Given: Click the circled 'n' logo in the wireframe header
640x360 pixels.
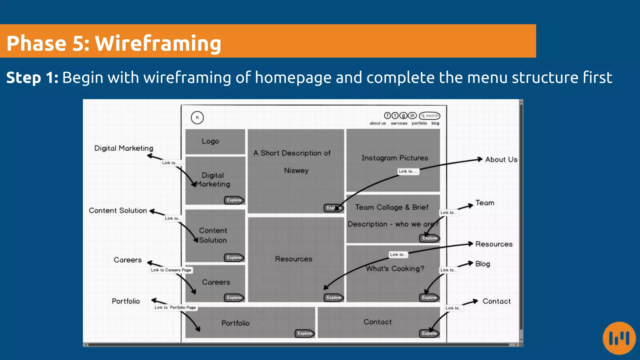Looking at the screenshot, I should click(x=197, y=118).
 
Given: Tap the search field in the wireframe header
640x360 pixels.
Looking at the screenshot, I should click(x=430, y=116).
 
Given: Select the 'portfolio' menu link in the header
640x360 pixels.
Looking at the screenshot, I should click(x=419, y=123).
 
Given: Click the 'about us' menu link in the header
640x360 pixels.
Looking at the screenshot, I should click(x=377, y=123).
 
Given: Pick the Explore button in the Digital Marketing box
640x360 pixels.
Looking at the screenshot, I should click(x=234, y=200).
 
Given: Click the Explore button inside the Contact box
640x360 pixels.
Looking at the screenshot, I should click(x=429, y=333).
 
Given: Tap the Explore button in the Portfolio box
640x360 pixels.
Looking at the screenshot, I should click(x=305, y=333).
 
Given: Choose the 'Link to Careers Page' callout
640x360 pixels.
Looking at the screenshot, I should click(x=171, y=270).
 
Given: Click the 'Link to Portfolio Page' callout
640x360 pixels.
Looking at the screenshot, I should click(x=175, y=307).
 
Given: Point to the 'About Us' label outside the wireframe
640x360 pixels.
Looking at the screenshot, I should click(x=501, y=160).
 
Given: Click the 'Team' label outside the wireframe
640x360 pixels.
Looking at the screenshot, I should click(x=485, y=203).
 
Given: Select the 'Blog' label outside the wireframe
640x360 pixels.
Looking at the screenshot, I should click(x=482, y=264).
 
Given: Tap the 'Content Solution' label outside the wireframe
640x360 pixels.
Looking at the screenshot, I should click(x=118, y=211).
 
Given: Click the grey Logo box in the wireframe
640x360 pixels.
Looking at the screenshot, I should click(x=215, y=142).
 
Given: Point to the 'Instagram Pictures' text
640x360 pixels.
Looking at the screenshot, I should click(x=395, y=158).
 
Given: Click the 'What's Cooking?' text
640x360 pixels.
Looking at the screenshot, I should click(x=395, y=269).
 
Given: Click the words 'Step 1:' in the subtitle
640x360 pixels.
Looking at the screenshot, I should click(x=32, y=78).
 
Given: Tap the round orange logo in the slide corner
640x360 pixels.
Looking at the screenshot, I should click(x=619, y=338).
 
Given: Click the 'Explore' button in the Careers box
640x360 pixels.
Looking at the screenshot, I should click(x=234, y=297).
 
